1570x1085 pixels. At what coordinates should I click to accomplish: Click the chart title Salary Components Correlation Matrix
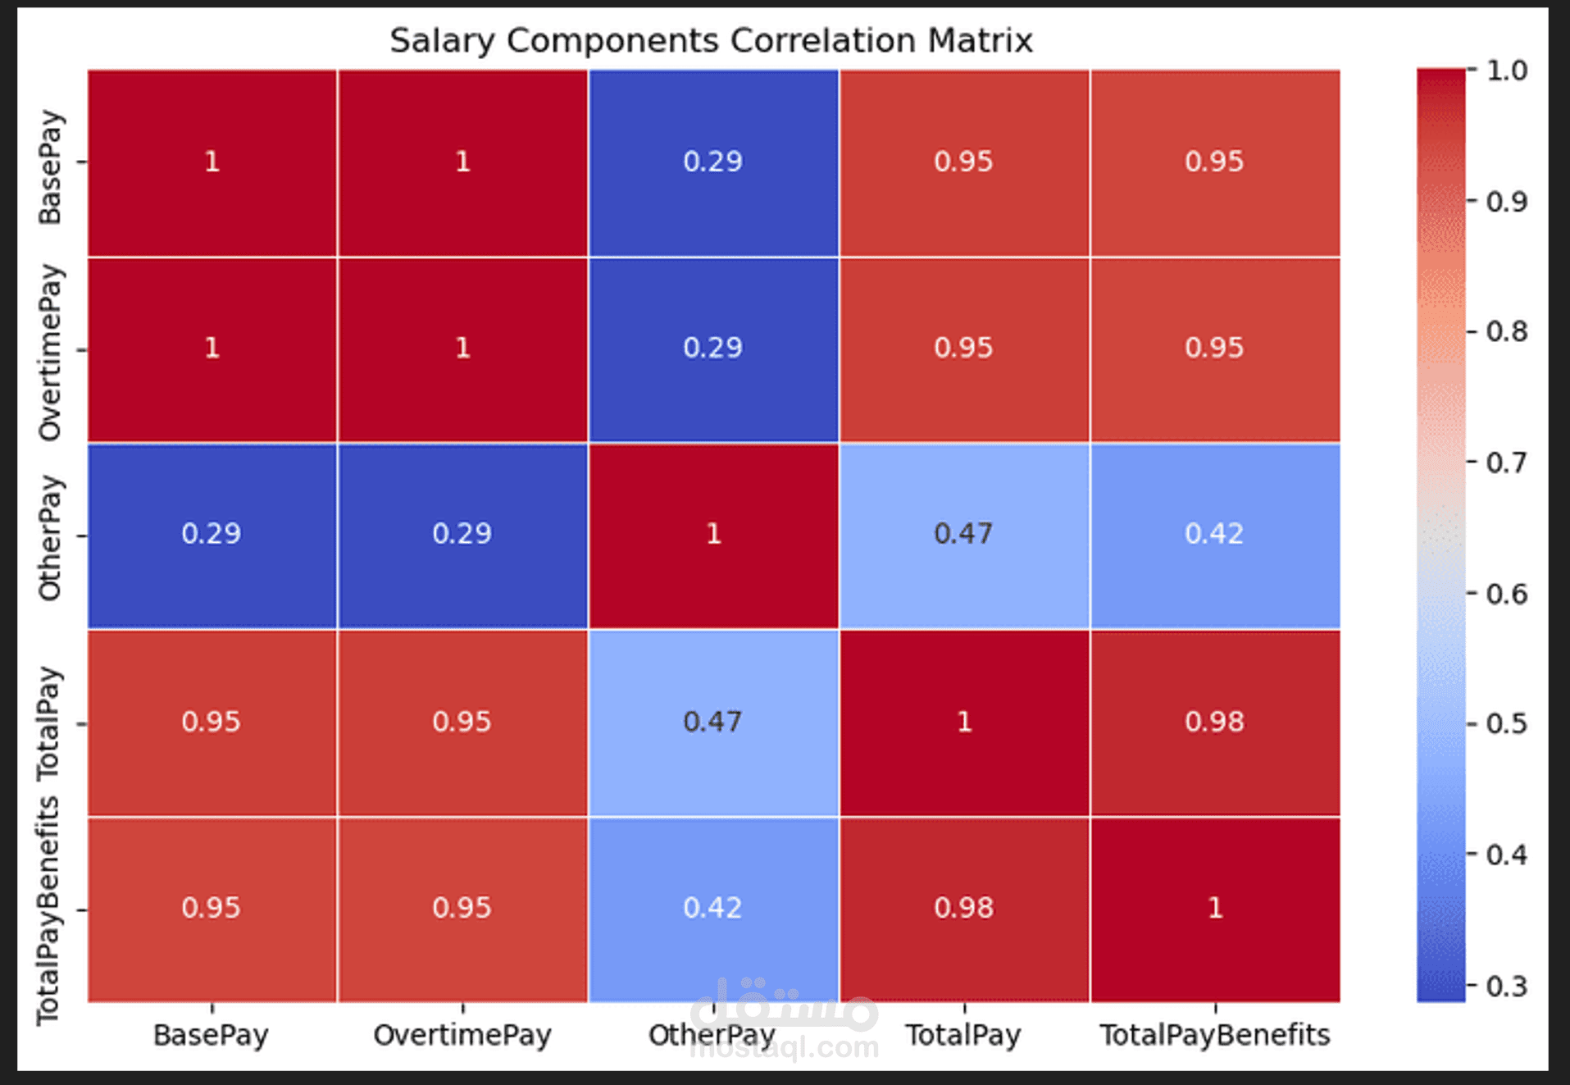tap(711, 40)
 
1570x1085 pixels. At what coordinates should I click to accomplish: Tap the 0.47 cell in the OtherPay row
tap(963, 535)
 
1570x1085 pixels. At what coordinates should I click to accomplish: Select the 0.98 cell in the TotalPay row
tap(1214, 722)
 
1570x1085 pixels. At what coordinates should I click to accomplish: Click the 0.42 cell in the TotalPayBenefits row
tap(712, 908)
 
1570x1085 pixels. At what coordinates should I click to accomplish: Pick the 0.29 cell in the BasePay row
tap(712, 162)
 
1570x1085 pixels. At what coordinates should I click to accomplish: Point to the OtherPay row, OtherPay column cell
tap(712, 535)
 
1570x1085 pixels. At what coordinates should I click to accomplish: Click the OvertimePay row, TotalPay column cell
tap(963, 348)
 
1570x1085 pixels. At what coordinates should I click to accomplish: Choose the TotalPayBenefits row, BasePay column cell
tap(212, 908)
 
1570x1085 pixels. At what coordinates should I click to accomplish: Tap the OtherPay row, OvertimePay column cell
tap(462, 535)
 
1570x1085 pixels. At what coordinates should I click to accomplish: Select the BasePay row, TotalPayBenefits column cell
tap(1214, 162)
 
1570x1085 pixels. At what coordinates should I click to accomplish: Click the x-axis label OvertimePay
tap(462, 1035)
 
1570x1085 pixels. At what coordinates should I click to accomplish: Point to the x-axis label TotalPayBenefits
tap(1214, 1035)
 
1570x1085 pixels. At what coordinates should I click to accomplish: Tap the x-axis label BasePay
tap(211, 1035)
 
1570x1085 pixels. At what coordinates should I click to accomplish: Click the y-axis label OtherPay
tap(50, 537)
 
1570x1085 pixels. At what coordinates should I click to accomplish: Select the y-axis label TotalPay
tap(50, 723)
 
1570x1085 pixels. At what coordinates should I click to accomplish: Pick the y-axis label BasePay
tap(50, 166)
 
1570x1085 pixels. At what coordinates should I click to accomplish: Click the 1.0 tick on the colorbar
tap(1507, 71)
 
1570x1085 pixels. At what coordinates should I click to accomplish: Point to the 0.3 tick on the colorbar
tap(1507, 986)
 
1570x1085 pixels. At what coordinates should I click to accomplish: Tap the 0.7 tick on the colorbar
tap(1507, 463)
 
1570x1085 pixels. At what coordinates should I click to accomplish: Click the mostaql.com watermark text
tap(785, 1047)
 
